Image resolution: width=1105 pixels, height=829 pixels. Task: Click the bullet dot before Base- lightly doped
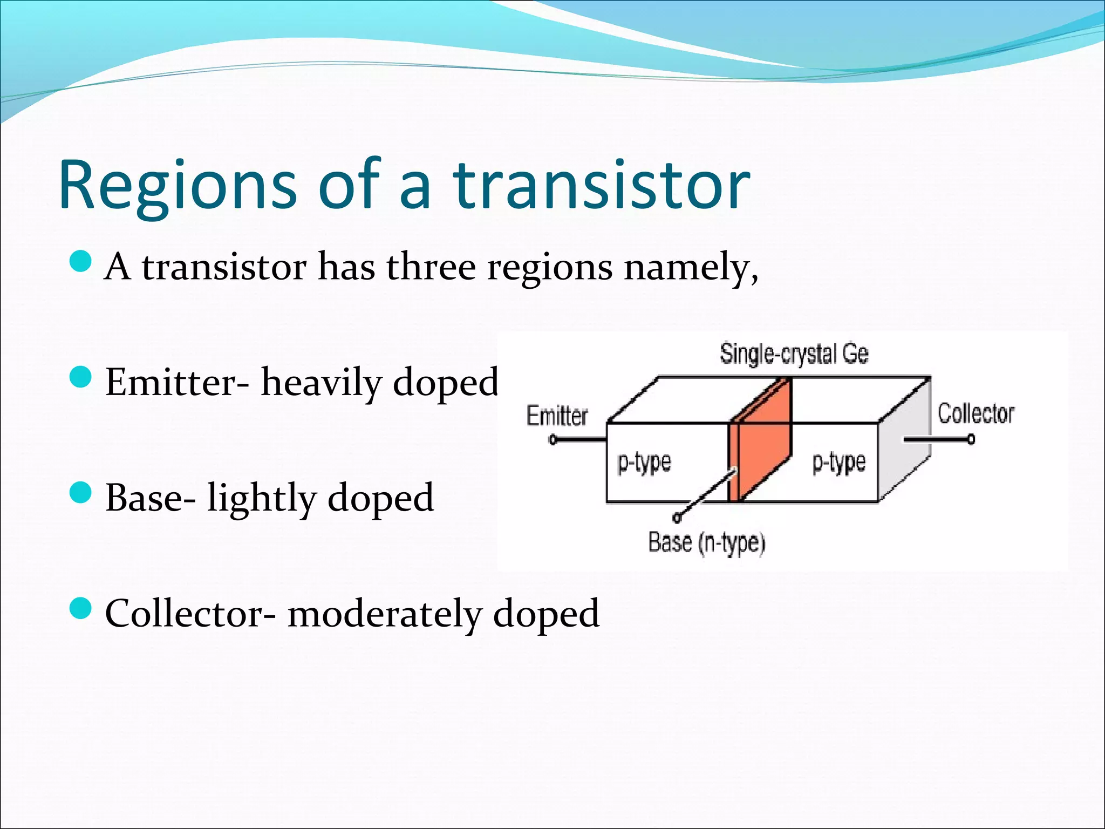point(81,493)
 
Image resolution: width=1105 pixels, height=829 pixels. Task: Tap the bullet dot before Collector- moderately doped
point(81,608)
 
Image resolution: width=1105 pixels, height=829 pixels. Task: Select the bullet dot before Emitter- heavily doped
point(81,377)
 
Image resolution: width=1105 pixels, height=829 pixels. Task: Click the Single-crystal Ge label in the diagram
point(794,354)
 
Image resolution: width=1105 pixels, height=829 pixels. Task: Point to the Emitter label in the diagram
point(557,416)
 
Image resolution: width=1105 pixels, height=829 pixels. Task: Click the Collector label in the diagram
point(976,414)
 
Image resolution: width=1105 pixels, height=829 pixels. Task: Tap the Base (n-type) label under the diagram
point(706,543)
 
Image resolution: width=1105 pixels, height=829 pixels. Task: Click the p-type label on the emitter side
point(644,463)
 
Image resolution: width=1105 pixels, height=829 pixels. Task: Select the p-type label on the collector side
point(839,463)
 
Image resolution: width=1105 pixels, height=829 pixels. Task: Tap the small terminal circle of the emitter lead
point(552,440)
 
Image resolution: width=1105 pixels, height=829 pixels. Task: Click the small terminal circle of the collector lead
point(971,440)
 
